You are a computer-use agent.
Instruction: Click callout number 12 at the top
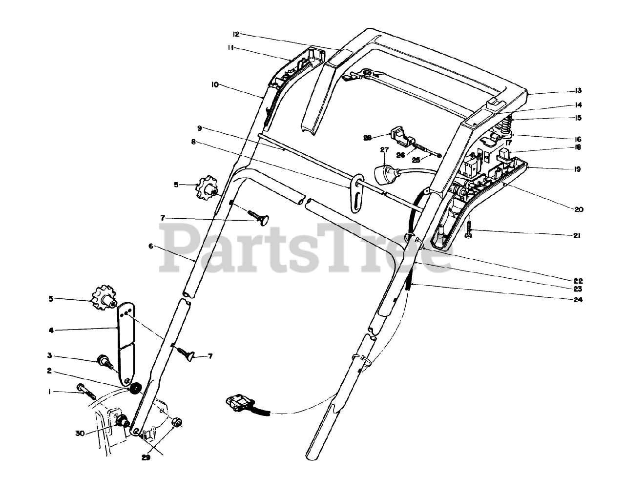236,34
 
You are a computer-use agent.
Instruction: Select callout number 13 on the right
578,91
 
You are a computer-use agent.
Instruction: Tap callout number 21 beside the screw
577,236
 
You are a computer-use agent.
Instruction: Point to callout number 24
578,300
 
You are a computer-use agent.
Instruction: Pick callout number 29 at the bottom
146,457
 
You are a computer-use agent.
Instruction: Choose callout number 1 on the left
49,392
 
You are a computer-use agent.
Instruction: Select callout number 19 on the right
577,170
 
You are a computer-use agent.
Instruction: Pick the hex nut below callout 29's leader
178,422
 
